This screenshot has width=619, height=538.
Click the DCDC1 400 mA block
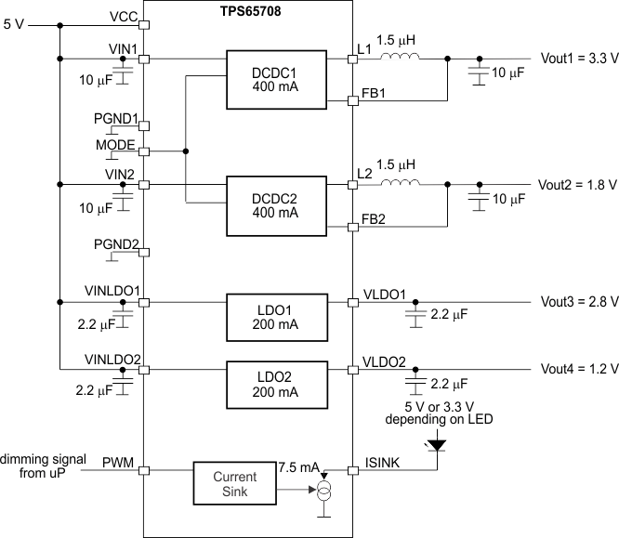(275, 79)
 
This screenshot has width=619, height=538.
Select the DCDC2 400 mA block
(275, 204)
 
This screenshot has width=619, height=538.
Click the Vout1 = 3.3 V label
(579, 58)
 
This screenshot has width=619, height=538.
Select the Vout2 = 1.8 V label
(579, 184)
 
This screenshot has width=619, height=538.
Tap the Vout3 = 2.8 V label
(579, 302)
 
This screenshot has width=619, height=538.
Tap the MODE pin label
(115, 146)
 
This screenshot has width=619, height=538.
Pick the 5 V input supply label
(14, 24)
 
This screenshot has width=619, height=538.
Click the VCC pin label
(123, 17)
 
